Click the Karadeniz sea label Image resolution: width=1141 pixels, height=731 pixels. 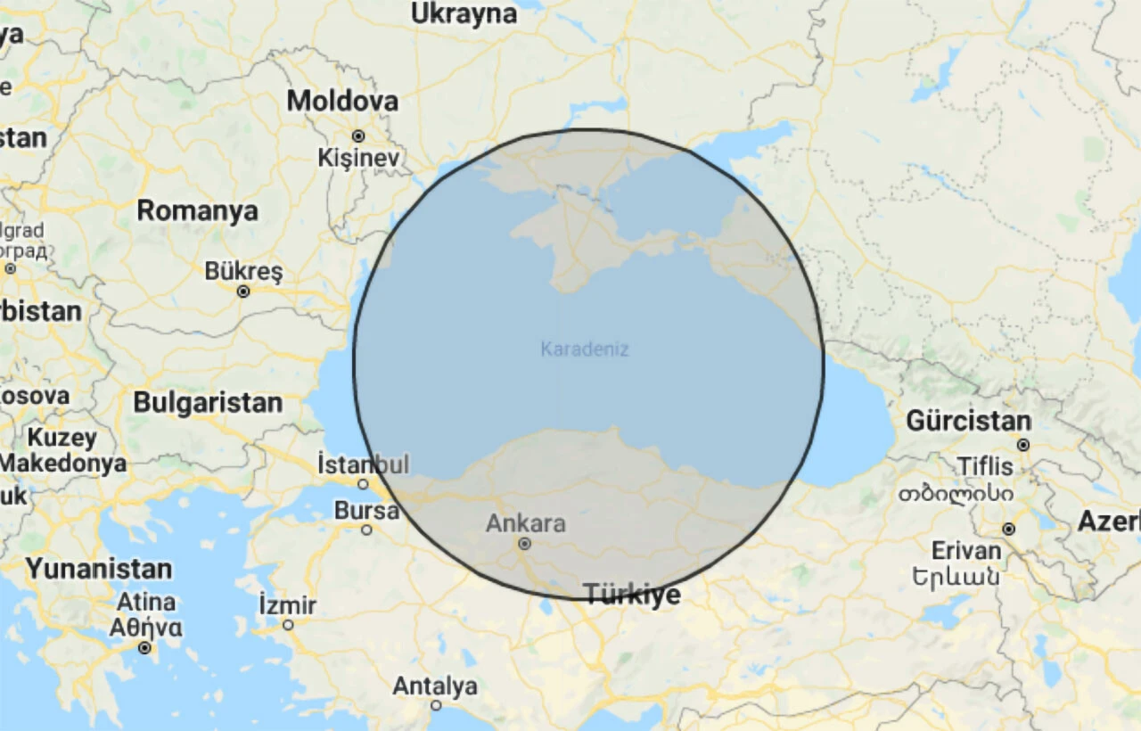pos(585,349)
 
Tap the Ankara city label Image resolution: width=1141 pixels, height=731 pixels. pos(525,523)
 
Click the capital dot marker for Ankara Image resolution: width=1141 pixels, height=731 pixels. pos(525,543)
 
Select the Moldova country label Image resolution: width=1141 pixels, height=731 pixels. pos(342,101)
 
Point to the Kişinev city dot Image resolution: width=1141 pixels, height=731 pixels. pos(358,136)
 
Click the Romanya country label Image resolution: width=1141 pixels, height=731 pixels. pos(197,211)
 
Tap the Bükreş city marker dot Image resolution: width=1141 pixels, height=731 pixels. pos(243,292)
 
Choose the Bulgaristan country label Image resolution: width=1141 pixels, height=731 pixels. pos(208,402)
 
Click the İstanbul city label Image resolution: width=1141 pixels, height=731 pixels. pos(364,464)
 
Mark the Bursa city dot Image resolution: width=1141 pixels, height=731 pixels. pos(366,530)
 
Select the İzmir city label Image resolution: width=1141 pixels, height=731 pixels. pos(287,605)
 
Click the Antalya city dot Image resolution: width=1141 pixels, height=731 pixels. pos(436,705)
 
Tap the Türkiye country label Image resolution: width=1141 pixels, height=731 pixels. pos(632,595)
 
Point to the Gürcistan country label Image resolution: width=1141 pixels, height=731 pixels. pos(968,421)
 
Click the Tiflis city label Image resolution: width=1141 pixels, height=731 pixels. pos(985,466)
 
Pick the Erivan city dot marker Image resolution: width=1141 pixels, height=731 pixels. pos(1008,529)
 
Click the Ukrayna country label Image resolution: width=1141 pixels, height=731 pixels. pos(464,13)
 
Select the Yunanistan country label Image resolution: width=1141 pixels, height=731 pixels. pos(99,569)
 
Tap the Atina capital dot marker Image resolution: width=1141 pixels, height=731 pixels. pos(144,648)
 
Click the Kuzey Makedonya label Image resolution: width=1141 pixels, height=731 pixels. pos(62,450)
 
